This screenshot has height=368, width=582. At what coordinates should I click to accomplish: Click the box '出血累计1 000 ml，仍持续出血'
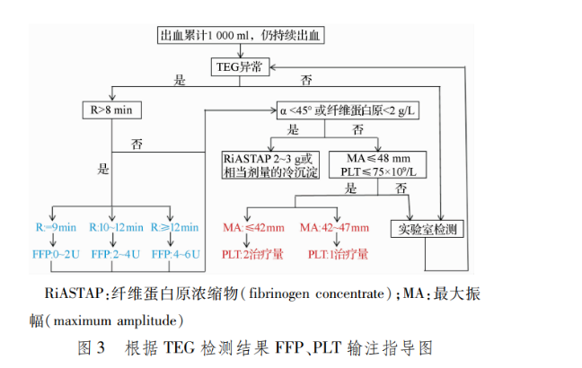[x=242, y=37]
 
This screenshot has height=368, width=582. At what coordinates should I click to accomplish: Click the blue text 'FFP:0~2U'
[x=53, y=254]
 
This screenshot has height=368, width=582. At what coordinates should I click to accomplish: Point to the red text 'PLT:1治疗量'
[x=337, y=254]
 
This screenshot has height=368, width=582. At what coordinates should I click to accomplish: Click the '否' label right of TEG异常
[x=307, y=80]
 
